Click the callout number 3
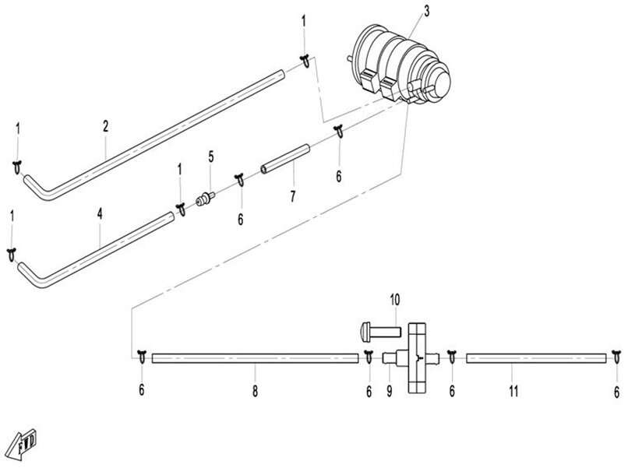coord(426,11)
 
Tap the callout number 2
coord(105,126)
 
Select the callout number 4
coord(99,214)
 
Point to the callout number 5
coord(210,157)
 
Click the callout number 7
coord(293,196)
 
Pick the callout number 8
coord(255,391)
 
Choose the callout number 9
coord(390,391)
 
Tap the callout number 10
coord(395,300)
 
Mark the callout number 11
coord(513,391)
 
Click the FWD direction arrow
coord(23,445)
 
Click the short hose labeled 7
coord(286,159)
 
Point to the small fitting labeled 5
coord(206,199)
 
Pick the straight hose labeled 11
coord(536,358)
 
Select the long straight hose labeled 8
coord(255,358)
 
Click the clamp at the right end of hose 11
coord(616,357)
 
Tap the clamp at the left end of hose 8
coord(142,357)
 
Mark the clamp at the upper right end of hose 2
coord(305,62)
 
